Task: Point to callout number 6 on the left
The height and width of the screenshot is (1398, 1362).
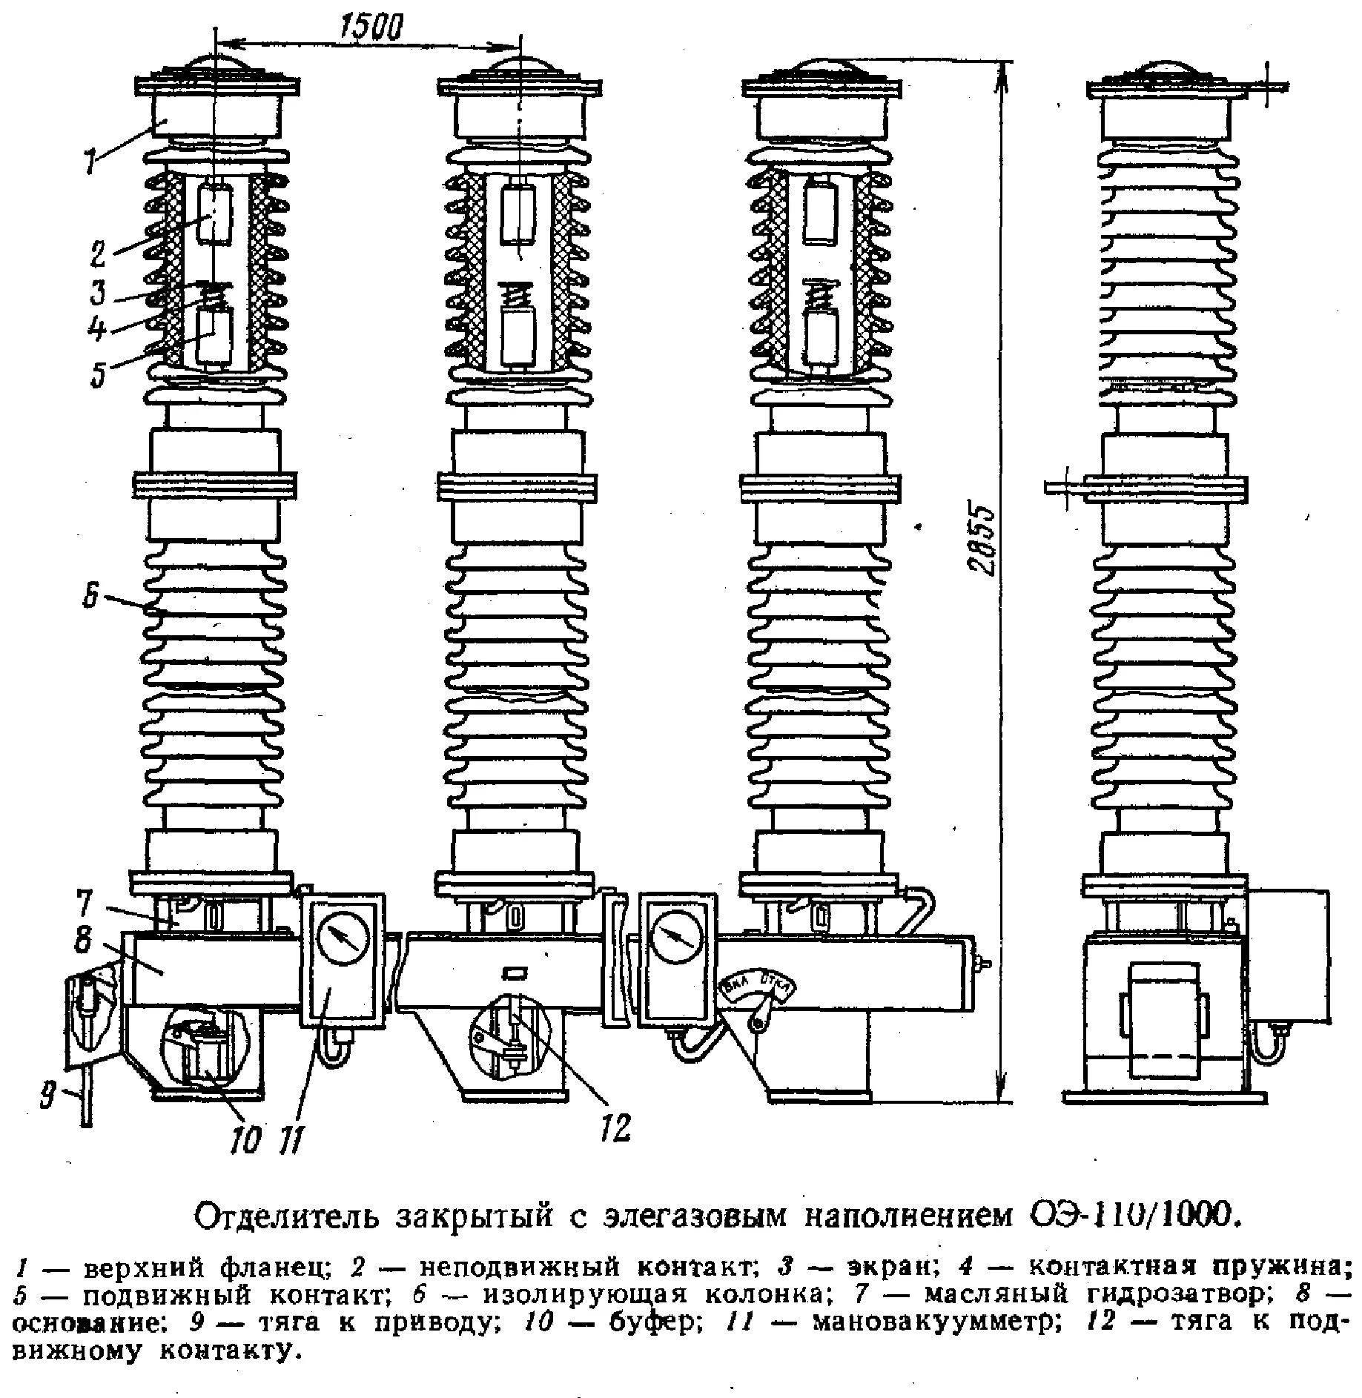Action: (x=90, y=597)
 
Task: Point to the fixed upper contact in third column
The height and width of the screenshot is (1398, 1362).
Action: (x=820, y=213)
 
